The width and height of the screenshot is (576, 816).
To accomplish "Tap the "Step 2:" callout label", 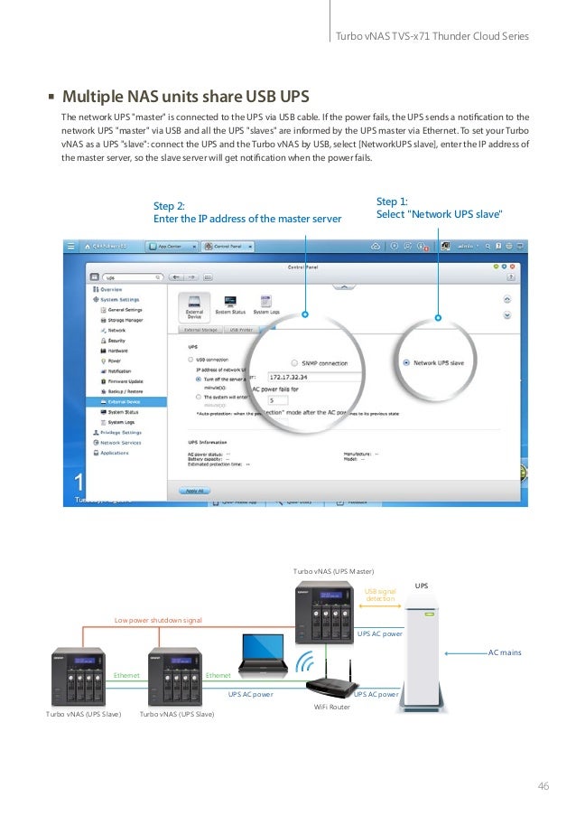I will tap(169, 206).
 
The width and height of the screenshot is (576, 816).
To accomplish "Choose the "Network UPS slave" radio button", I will tap(407, 362).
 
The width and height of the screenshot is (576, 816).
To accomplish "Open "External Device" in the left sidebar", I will tap(124, 401).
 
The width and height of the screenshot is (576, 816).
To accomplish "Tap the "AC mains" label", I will tap(505, 652).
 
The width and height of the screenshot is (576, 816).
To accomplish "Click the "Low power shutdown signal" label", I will tap(158, 620).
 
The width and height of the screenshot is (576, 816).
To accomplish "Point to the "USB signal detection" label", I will tap(380, 595).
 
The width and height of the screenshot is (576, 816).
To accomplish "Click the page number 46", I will tap(543, 785).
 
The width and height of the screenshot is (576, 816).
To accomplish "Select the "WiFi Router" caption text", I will tap(331, 707).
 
